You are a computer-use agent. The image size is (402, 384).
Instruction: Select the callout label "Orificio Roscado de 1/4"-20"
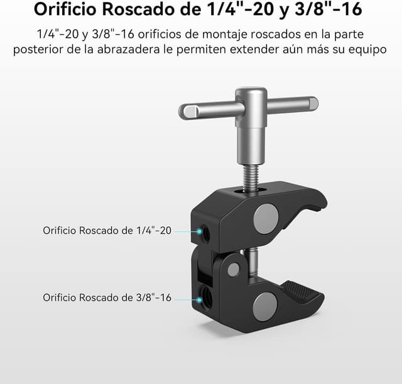(x=107, y=231)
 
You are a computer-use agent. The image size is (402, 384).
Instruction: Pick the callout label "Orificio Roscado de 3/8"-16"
(x=107, y=297)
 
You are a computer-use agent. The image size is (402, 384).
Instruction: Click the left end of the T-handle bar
(x=187, y=112)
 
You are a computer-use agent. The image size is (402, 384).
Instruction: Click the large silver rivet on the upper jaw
(x=266, y=217)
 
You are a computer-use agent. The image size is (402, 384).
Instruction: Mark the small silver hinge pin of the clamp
(x=234, y=270)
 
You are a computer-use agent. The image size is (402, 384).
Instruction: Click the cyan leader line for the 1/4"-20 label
(x=187, y=231)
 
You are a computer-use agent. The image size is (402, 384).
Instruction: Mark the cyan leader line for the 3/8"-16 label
(x=187, y=297)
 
